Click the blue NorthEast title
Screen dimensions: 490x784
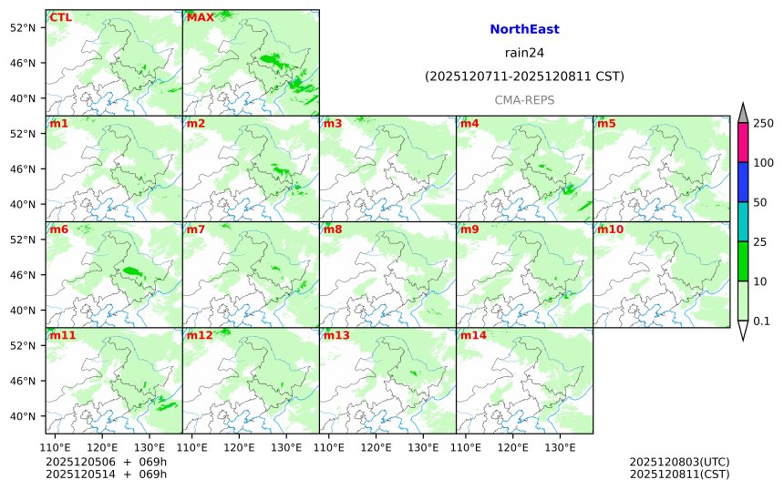tap(524, 29)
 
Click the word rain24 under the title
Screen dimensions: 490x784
tap(524, 53)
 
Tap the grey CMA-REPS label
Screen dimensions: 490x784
tap(524, 100)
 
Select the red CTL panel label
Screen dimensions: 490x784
tap(61, 17)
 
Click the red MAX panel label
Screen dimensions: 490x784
tap(200, 17)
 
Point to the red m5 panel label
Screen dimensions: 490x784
tap(606, 123)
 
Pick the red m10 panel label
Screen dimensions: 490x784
tap(610, 230)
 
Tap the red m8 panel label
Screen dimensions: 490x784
tap(333, 230)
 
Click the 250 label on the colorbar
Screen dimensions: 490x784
tap(763, 123)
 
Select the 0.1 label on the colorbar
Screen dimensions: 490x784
tap(761, 321)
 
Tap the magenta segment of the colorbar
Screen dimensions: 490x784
tap(743, 142)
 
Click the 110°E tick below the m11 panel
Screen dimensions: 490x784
tap(56, 447)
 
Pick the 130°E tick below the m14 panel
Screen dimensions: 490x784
tap(560, 447)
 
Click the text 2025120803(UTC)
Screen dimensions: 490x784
tap(679, 462)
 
